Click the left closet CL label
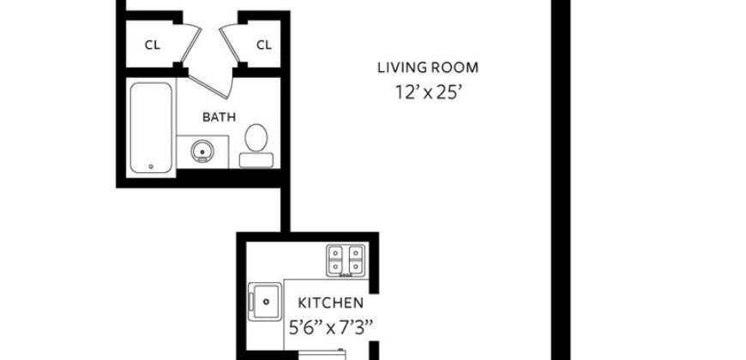pos(152,45)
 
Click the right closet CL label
pos(263,45)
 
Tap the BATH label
pos(219,117)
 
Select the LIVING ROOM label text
pos(428,68)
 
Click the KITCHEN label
pos(330,303)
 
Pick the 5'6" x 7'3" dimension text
pos(331,326)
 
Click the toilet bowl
pos(256,137)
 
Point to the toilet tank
pos(255,159)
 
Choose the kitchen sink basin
pos(267,301)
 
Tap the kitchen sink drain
pos(267,302)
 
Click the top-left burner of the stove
pos(335,253)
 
